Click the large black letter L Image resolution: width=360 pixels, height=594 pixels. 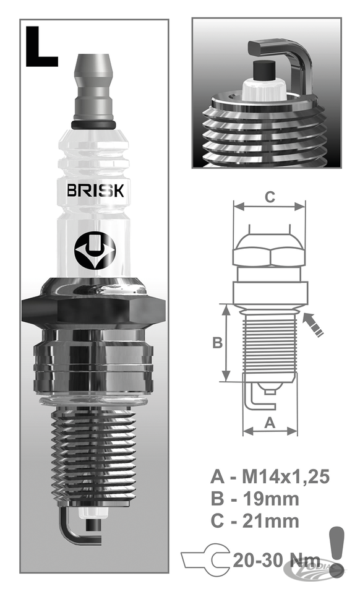pos(41,46)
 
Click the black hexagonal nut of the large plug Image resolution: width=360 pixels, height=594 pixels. pos(93,310)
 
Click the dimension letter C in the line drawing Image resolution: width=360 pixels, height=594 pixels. pos(270,197)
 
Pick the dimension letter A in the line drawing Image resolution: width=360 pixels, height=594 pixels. pos(270,423)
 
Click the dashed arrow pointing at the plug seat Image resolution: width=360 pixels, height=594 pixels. pos(315,325)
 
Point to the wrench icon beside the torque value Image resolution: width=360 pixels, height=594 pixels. pos(207,560)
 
